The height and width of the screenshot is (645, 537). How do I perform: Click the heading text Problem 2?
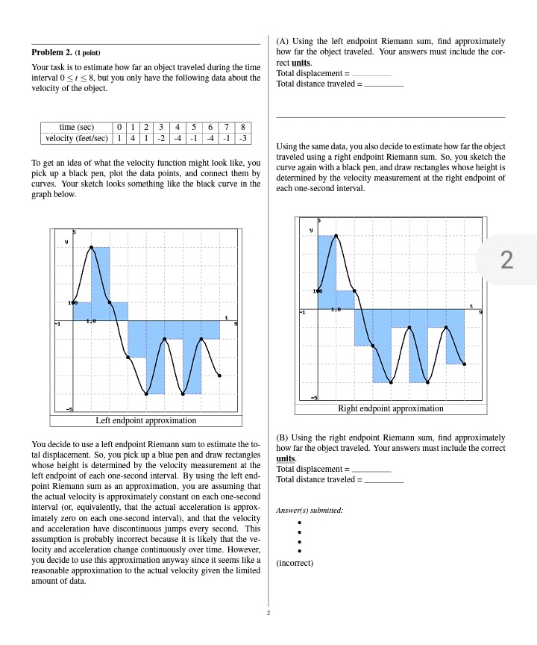pyautogui.click(x=51, y=53)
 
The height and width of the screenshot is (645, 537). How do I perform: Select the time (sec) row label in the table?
pyautogui.click(x=75, y=128)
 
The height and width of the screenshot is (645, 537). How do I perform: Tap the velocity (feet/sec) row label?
pyautogui.click(x=77, y=138)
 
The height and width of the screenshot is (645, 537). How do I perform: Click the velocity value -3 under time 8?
pyautogui.click(x=242, y=138)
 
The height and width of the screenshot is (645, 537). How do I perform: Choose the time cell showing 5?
pyautogui.click(x=193, y=128)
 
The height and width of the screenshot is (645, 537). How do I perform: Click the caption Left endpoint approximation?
pyautogui.click(x=146, y=420)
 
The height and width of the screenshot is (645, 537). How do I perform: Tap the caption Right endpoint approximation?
pyautogui.click(x=390, y=408)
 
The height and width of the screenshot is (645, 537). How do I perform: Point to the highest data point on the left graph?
pyautogui.click(x=92, y=246)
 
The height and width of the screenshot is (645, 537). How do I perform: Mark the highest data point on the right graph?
pyautogui.click(x=336, y=235)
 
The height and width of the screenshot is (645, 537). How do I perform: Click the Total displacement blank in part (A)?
pyautogui.click(x=371, y=74)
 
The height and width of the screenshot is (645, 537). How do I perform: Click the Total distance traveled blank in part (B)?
pyautogui.click(x=383, y=479)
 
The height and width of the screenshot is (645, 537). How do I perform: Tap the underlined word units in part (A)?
pyautogui.click(x=301, y=63)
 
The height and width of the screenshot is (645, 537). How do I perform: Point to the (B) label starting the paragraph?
pyautogui.click(x=282, y=437)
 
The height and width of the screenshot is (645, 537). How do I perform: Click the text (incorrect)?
pyautogui.click(x=295, y=563)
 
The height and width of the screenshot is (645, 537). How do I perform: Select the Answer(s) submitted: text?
pyautogui.click(x=310, y=510)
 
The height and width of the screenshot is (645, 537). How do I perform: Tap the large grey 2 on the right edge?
pyautogui.click(x=507, y=260)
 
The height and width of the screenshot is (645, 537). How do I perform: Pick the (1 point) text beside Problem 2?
pyautogui.click(x=87, y=53)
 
